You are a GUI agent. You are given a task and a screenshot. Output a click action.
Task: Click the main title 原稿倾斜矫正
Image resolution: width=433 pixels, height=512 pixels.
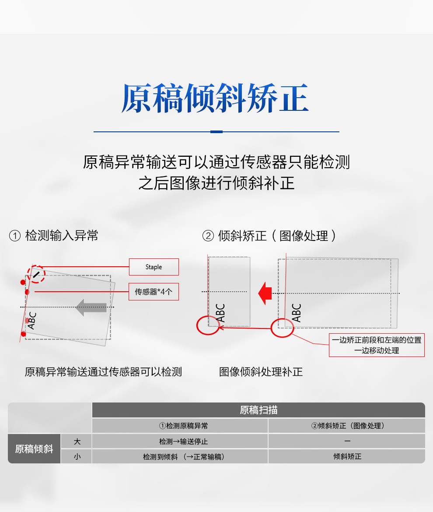215,98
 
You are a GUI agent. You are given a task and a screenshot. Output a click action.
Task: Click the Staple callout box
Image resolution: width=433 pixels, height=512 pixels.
154,267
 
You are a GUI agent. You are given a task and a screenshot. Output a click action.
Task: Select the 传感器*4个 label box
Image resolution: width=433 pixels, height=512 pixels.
154,292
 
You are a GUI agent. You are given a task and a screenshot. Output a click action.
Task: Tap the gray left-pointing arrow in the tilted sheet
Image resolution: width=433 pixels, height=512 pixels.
91,307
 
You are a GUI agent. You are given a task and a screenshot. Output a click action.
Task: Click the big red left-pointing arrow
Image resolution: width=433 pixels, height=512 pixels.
265,293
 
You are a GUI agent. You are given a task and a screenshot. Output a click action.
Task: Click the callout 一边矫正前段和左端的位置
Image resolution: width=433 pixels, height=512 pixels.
377,340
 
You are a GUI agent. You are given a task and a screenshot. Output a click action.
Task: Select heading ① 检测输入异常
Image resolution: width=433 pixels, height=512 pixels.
54,236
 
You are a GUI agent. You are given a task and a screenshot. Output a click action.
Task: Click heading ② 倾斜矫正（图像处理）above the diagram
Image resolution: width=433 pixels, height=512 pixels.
269,236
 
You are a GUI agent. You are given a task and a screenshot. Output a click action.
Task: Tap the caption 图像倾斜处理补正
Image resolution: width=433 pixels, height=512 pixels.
261,371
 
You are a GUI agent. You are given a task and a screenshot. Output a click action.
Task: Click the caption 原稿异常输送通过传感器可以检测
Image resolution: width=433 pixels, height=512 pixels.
103,371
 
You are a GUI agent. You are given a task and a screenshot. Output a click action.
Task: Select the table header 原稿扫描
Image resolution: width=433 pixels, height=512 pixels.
258,410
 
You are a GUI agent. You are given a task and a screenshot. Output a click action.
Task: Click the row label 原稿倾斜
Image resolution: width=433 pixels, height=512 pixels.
34,448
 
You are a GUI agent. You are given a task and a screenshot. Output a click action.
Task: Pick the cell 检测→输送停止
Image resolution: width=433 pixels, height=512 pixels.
183,441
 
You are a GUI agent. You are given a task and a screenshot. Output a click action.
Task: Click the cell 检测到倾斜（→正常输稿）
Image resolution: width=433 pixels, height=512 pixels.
183,456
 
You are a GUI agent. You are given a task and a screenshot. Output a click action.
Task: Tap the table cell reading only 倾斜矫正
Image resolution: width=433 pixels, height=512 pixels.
347,456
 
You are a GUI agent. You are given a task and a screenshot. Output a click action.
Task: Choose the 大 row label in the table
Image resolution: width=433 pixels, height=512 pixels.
77,441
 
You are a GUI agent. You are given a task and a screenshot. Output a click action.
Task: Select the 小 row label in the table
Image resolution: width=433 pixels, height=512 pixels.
77,456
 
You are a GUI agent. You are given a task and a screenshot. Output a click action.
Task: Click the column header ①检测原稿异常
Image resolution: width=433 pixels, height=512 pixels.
183,426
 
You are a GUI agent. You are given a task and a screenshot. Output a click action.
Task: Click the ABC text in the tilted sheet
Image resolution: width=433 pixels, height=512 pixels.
31,320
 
